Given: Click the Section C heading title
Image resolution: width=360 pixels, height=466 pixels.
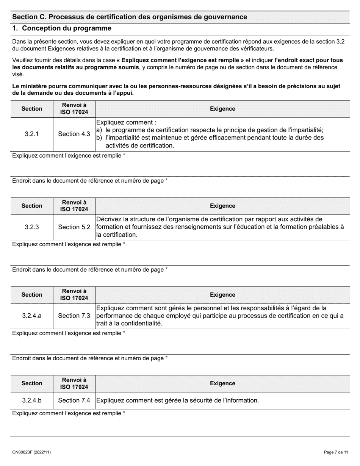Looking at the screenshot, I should (130, 17).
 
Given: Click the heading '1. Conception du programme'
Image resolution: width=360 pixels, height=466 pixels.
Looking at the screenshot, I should (62, 28).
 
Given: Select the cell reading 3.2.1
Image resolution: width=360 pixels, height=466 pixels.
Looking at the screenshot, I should (32, 134).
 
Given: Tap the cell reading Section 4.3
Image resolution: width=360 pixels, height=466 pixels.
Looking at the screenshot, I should (74, 134).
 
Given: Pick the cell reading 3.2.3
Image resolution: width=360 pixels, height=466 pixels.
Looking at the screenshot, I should (32, 227).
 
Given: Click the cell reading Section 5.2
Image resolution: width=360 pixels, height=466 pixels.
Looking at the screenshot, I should (74, 227).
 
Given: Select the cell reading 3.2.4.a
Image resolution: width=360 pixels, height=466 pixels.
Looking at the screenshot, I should (32, 316).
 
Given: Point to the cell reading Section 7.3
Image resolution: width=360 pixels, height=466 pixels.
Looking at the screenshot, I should (74, 316).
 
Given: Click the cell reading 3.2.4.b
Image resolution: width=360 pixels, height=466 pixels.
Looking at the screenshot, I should (32, 400).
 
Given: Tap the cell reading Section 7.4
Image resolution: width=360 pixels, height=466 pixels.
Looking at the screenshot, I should (74, 400).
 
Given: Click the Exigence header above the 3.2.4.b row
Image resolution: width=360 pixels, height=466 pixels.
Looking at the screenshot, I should (222, 383).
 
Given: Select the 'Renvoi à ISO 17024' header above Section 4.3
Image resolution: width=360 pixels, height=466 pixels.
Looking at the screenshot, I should (74, 109).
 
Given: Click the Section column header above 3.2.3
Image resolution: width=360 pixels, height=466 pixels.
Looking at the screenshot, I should (32, 206).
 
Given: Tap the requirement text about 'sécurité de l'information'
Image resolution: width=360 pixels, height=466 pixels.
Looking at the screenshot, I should (178, 400).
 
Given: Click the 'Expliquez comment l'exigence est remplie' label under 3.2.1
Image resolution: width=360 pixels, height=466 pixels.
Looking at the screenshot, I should (69, 156).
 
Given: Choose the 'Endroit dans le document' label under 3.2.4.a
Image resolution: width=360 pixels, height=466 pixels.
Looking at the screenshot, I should (90, 358).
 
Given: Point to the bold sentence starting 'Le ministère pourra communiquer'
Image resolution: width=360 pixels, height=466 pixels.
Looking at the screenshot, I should (176, 89).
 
